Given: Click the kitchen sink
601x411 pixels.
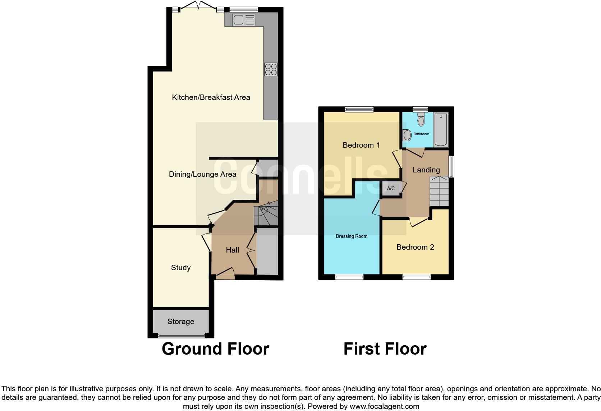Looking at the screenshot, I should pyautogui.click(x=244, y=19).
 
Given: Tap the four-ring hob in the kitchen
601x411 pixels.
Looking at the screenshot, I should pyautogui.click(x=271, y=69).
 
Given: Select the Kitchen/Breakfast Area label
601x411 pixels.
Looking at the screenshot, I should pyautogui.click(x=211, y=97).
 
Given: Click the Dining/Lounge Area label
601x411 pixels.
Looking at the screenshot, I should pyautogui.click(x=202, y=175).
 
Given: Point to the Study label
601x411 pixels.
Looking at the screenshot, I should pyautogui.click(x=181, y=268).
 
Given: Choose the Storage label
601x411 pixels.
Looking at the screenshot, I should pyautogui.click(x=181, y=322).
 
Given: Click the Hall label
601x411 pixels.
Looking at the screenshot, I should pyautogui.click(x=233, y=250).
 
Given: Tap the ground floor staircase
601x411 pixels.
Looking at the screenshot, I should pyautogui.click(x=266, y=214).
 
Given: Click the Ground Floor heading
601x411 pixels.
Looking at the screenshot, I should pyautogui.click(x=215, y=349).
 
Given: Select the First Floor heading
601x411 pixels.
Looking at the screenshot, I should pyautogui.click(x=385, y=349).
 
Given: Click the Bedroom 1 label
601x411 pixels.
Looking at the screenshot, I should pyautogui.click(x=361, y=145).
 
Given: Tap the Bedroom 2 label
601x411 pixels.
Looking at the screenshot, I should pyautogui.click(x=415, y=247).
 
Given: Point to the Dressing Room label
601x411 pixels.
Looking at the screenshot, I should pyautogui.click(x=352, y=236).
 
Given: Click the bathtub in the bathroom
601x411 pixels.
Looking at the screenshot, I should pyautogui.click(x=441, y=130).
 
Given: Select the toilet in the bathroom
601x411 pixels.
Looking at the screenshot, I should pyautogui.click(x=421, y=119).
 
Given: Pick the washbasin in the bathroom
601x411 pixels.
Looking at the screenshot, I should pyautogui.click(x=407, y=135).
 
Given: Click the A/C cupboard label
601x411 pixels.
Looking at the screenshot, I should pyautogui.click(x=391, y=188).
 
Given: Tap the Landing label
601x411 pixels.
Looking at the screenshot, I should pyautogui.click(x=426, y=170).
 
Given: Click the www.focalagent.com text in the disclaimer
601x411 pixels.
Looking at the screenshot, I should pyautogui.click(x=384, y=407).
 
